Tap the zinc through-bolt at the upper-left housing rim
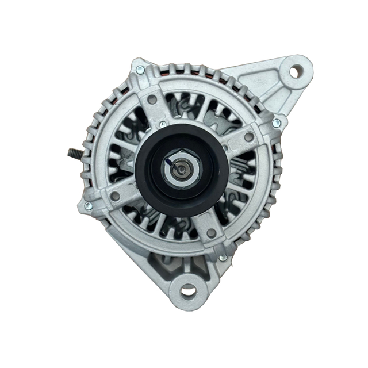click(140, 70)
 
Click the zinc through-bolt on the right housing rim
click(277, 122)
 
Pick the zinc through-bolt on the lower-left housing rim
click(88, 205)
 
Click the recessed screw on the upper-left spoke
click(152, 99)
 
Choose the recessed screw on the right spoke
click(248, 137)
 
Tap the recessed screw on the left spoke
click(116, 196)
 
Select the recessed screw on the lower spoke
click(211, 233)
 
